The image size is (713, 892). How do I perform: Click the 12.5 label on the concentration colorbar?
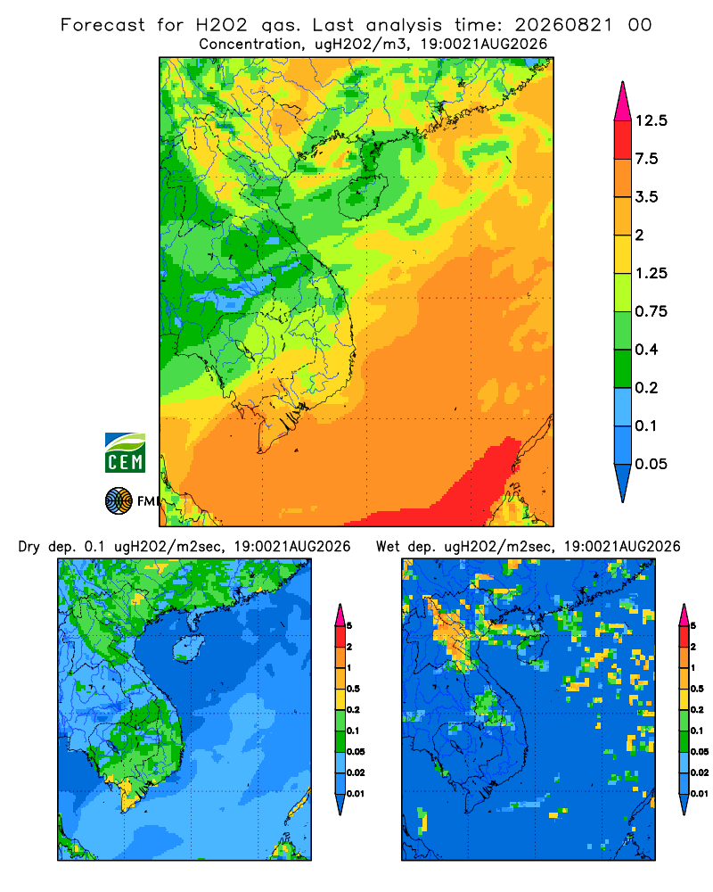click(651, 120)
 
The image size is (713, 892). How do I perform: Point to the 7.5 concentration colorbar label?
click(646, 159)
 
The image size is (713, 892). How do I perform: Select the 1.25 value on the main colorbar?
click(651, 273)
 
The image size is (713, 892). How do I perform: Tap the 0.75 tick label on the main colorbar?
click(651, 311)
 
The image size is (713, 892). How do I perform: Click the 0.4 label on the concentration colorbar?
click(646, 350)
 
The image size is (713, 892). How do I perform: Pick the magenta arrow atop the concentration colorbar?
click(623, 102)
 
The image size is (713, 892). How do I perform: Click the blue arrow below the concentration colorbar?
click(623, 483)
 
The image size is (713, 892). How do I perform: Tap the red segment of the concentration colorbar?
click(623, 140)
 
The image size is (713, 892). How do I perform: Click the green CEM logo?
click(125, 453)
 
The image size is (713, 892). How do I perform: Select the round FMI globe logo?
click(119, 501)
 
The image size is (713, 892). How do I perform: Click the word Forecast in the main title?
click(102, 25)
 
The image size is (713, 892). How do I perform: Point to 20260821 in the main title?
click(563, 25)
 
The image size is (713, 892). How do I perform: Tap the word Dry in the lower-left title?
click(29, 547)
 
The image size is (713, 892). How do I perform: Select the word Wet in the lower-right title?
click(389, 547)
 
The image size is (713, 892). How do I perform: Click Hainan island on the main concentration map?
click(362, 196)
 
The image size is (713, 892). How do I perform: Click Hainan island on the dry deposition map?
click(188, 648)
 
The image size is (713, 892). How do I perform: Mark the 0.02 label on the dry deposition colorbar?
click(356, 772)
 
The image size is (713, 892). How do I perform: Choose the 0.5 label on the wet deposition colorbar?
click(697, 689)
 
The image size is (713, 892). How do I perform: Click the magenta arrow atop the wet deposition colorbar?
click(684, 615)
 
